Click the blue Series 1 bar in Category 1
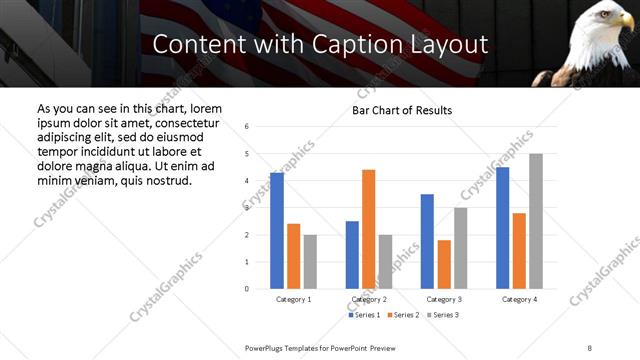(277, 231)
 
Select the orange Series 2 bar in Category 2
(369, 229)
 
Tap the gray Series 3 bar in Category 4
(536, 221)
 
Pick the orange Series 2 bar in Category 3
(444, 264)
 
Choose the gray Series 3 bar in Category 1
(310, 262)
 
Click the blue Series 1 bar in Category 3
(427, 241)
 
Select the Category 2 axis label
(369, 299)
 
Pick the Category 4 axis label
(519, 299)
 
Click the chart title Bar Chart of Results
(401, 110)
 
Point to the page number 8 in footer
(590, 347)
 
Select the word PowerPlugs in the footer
(267, 347)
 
